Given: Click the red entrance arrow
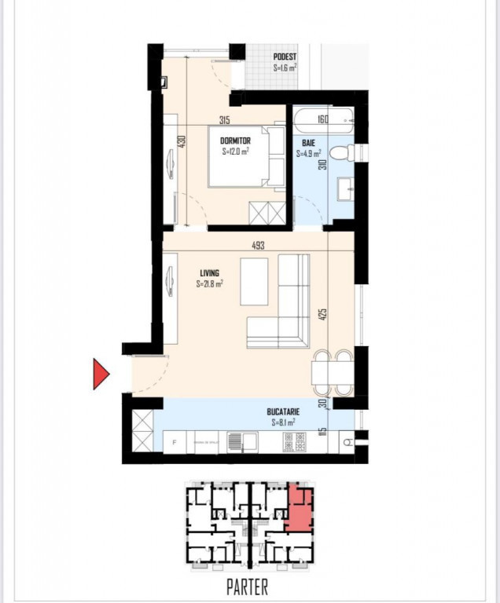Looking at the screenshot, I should [x=101, y=374].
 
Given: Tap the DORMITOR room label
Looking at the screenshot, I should [x=235, y=141].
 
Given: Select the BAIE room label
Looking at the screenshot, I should [x=308, y=144].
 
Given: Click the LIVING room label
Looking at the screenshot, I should [x=209, y=273].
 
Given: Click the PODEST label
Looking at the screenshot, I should [x=285, y=57].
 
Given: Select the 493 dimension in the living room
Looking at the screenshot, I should [x=259, y=246].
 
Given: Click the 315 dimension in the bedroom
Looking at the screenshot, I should [x=224, y=120].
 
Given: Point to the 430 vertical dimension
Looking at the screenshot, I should [x=182, y=142].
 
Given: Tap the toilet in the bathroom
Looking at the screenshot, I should [x=343, y=152].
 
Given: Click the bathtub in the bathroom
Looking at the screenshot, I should [x=322, y=120].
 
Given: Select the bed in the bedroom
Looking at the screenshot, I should [x=248, y=156].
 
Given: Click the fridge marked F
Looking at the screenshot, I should [x=174, y=443].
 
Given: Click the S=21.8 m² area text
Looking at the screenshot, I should [x=210, y=284].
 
